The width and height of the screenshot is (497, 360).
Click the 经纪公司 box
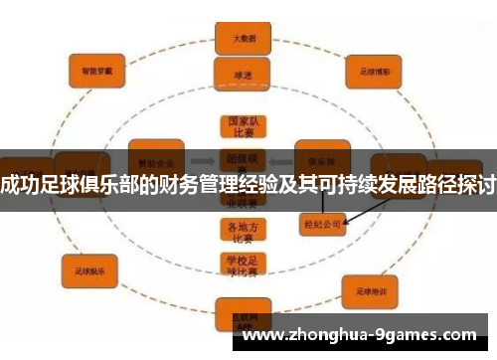tap(320, 226)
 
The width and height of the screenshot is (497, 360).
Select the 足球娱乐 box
tap(89, 269)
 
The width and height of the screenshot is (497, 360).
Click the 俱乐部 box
tap(321, 158)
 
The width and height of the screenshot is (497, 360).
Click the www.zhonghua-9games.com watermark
tap(359, 335)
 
